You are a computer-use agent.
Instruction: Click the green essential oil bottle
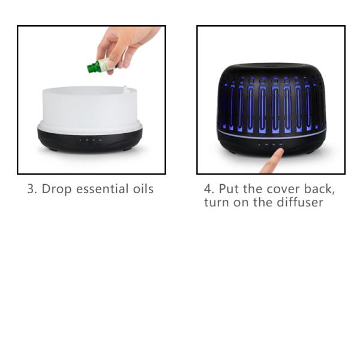pyautogui.click(x=101, y=65)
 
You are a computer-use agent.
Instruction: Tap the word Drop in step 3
pyautogui.click(x=56, y=189)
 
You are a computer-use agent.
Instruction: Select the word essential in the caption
pyautogui.click(x=102, y=189)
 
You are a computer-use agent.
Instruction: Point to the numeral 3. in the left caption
pyautogui.click(x=32, y=189)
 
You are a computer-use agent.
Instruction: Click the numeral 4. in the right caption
pyautogui.click(x=209, y=189)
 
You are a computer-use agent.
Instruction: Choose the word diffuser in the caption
pyautogui.click(x=300, y=202)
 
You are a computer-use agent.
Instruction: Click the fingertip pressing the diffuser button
pyautogui.click(x=280, y=152)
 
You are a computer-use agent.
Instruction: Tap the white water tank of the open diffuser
pyautogui.click(x=90, y=107)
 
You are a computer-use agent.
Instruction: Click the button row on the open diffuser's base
pyautogui.click(x=90, y=140)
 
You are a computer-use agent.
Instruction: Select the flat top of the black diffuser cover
pyautogui.click(x=271, y=67)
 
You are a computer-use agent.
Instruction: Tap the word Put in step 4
pyautogui.click(x=229, y=189)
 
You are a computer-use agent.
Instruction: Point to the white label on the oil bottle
pyautogui.click(x=106, y=64)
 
